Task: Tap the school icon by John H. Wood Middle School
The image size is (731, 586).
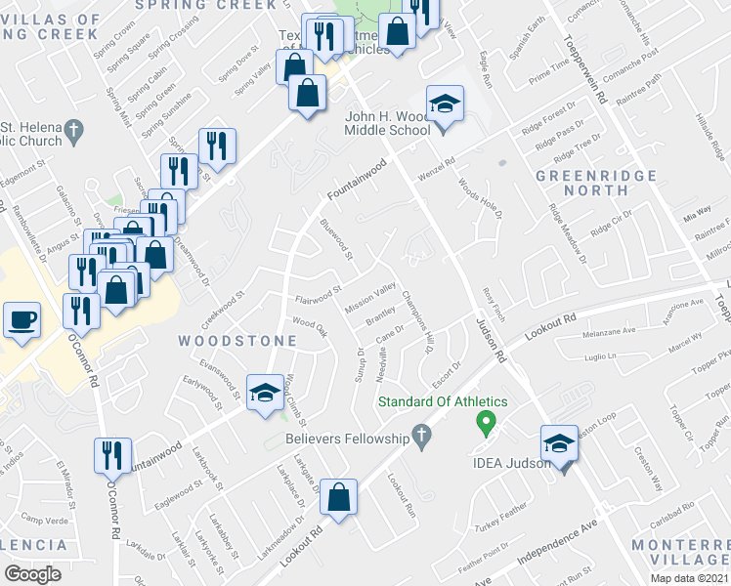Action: click(x=444, y=104)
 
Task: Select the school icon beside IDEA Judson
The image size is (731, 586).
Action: click(x=558, y=444)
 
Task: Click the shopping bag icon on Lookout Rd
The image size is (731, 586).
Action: click(x=338, y=497)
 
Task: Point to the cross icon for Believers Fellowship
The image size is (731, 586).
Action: click(x=421, y=436)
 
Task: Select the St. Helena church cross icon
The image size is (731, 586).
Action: click(x=71, y=130)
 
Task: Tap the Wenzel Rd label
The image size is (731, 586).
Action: click(x=438, y=167)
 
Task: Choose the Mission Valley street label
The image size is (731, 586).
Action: click(x=369, y=292)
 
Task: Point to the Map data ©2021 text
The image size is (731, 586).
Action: click(x=690, y=578)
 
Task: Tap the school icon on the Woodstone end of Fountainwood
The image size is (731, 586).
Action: click(x=263, y=393)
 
